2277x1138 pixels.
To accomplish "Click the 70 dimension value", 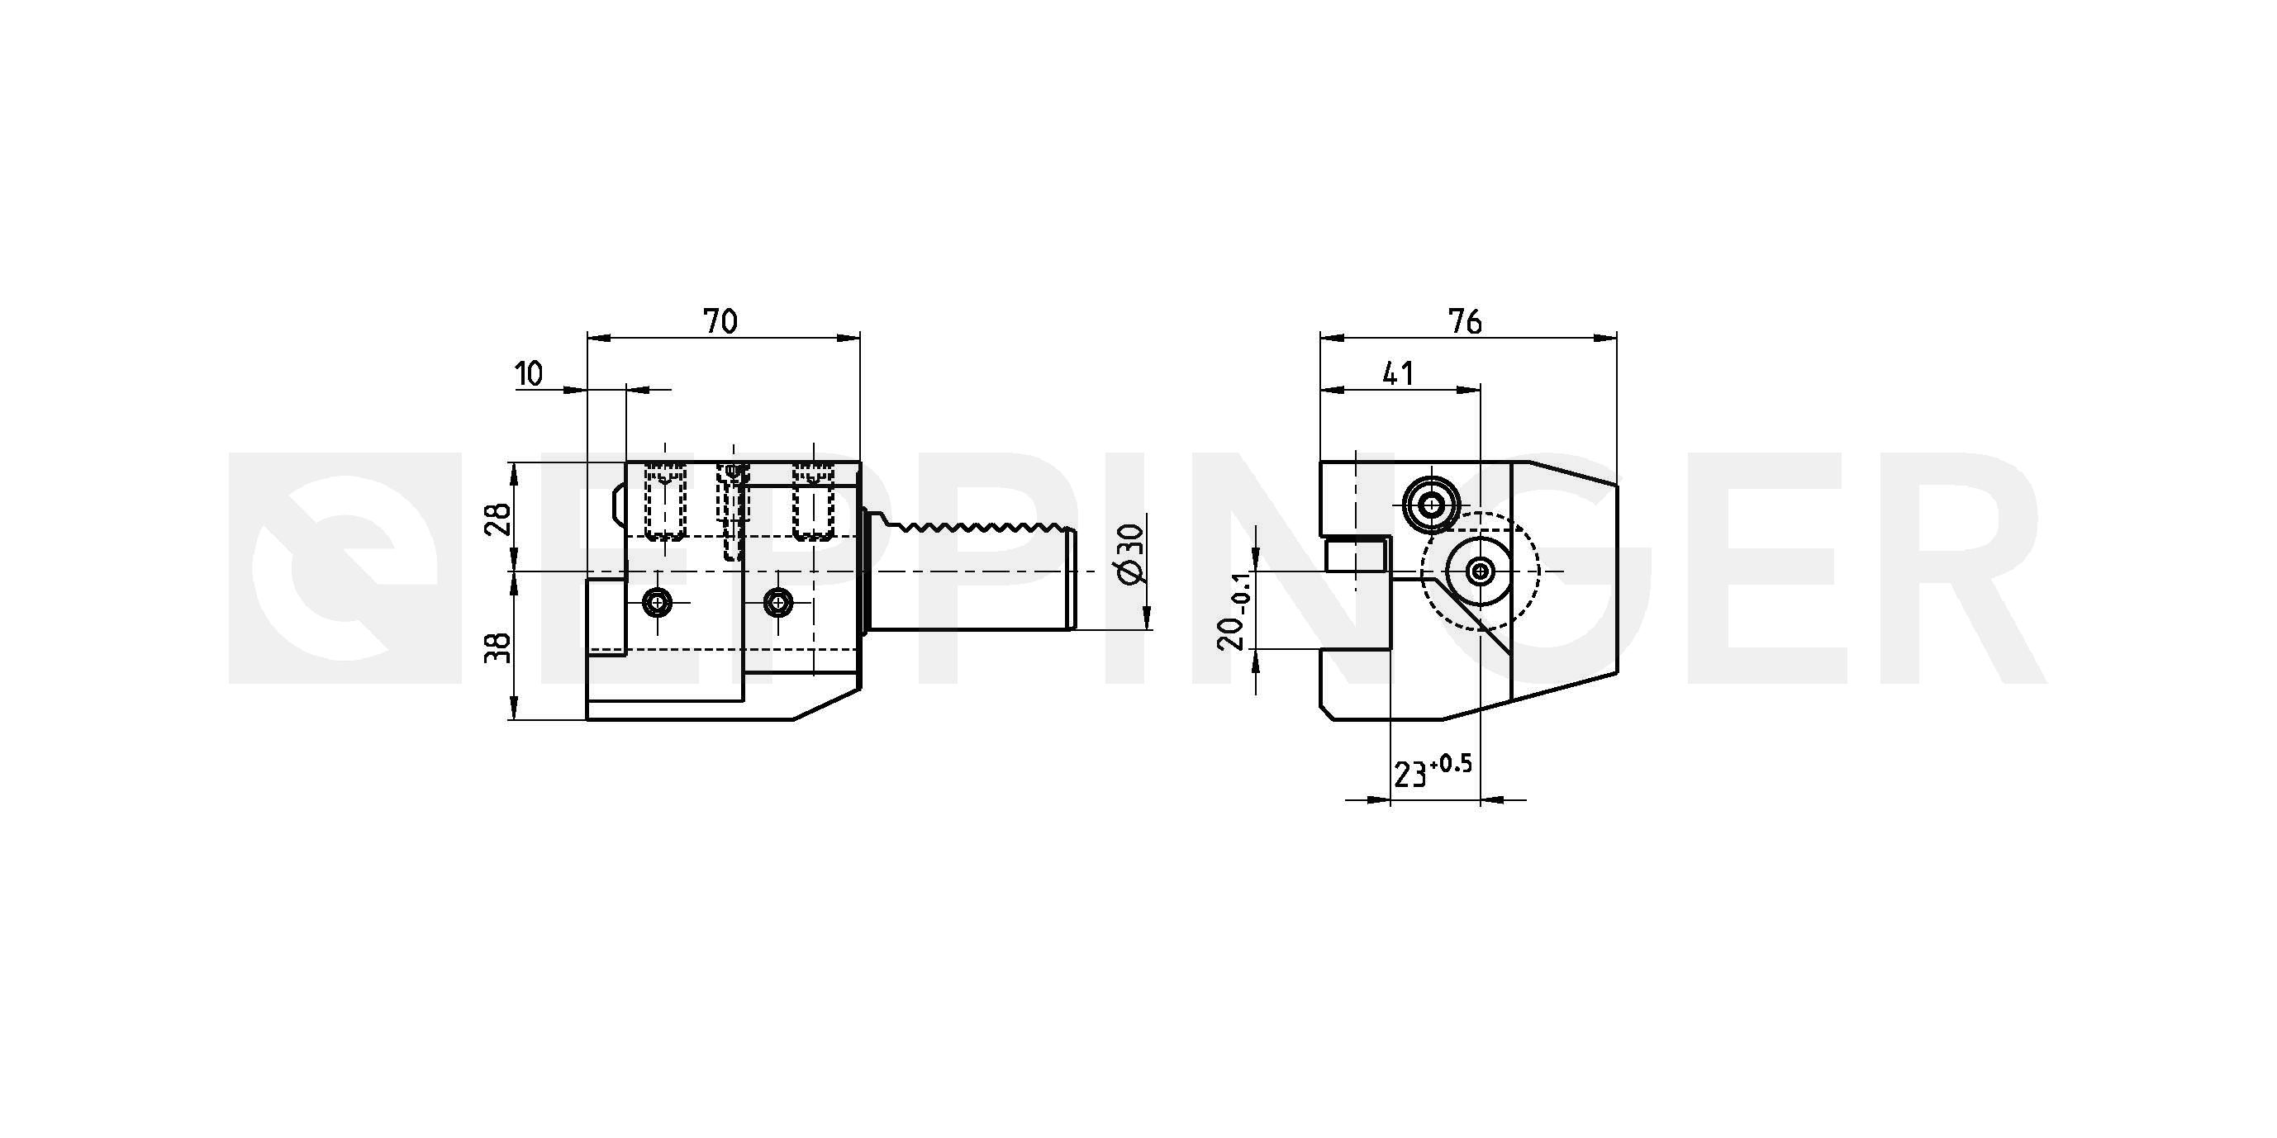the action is tap(720, 321).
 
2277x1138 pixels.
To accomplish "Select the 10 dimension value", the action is tap(530, 374).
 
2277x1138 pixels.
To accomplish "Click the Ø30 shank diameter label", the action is tap(1131, 553).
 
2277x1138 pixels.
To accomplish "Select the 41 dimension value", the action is tap(1397, 374).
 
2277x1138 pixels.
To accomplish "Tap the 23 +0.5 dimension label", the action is tap(1433, 771).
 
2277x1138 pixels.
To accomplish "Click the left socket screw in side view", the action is tap(657, 604).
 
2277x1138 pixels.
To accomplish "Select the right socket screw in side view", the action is tap(777, 604).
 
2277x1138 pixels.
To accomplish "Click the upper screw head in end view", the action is tap(1430, 505).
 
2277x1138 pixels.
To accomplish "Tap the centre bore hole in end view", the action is tap(1480, 571).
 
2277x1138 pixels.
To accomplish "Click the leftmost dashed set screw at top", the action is tap(665, 502).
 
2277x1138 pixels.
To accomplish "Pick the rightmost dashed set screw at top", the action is tap(812, 502).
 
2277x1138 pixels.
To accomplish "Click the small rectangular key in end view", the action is tap(1355, 556).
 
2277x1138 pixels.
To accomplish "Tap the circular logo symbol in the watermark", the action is tap(344, 568).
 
